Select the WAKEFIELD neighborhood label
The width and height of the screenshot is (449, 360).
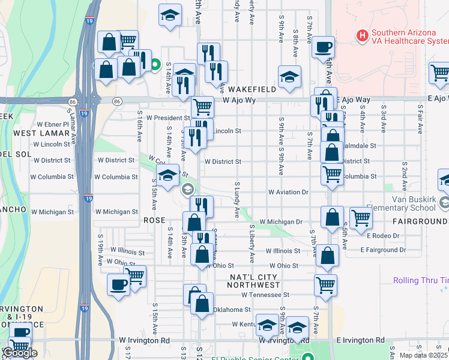click(x=252, y=89)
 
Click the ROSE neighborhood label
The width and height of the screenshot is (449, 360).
click(x=154, y=220)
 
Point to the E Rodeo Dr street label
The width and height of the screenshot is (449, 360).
click(x=384, y=235)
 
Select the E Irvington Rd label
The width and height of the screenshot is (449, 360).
click(x=360, y=340)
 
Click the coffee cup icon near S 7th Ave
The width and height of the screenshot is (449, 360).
click(x=324, y=46)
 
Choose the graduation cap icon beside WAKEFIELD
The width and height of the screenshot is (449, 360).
click(x=289, y=76)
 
